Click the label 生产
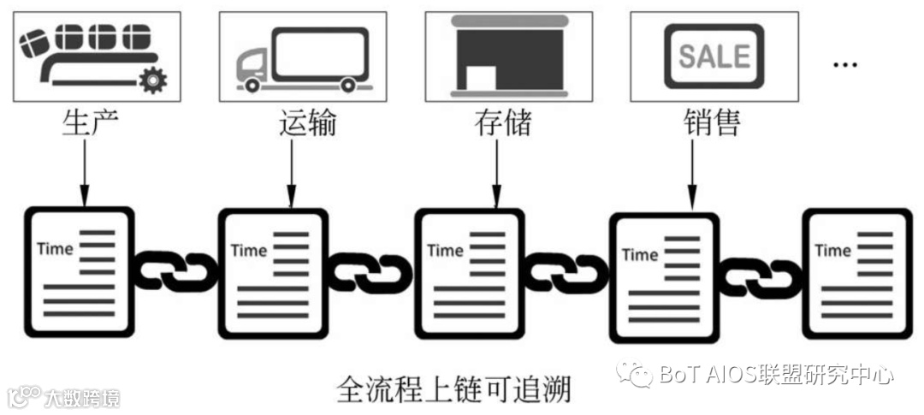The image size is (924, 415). [87, 123]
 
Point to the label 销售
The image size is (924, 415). [712, 123]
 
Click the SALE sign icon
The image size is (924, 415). [714, 56]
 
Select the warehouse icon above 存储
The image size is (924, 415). [508, 56]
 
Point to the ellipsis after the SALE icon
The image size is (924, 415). [844, 64]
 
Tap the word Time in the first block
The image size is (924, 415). [55, 249]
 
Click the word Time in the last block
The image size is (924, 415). [832, 251]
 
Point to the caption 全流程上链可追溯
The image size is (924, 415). [453, 389]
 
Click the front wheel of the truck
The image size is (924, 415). [252, 85]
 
